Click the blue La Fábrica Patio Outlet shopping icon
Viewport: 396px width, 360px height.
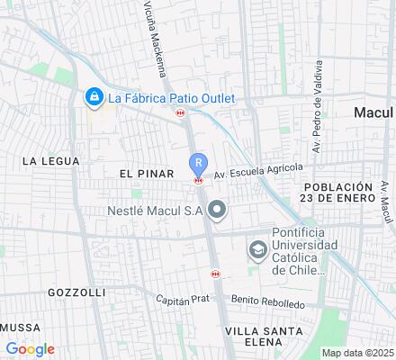tap(92, 96)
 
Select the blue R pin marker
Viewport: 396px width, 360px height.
tap(198, 164)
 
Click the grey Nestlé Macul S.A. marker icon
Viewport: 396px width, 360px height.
tap(216, 211)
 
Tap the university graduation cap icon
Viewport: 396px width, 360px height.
tap(258, 249)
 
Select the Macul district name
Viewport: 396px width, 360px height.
tap(373, 112)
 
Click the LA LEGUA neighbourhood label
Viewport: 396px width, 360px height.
tap(51, 161)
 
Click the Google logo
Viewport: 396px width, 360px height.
tap(30, 349)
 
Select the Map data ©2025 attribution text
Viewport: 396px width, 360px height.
tap(357, 353)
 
